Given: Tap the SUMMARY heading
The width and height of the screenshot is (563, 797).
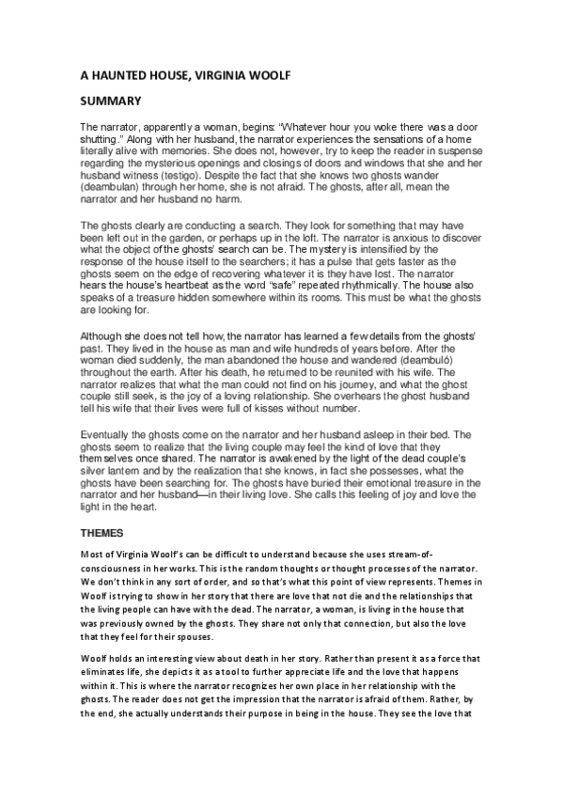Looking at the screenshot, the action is point(110,102).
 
